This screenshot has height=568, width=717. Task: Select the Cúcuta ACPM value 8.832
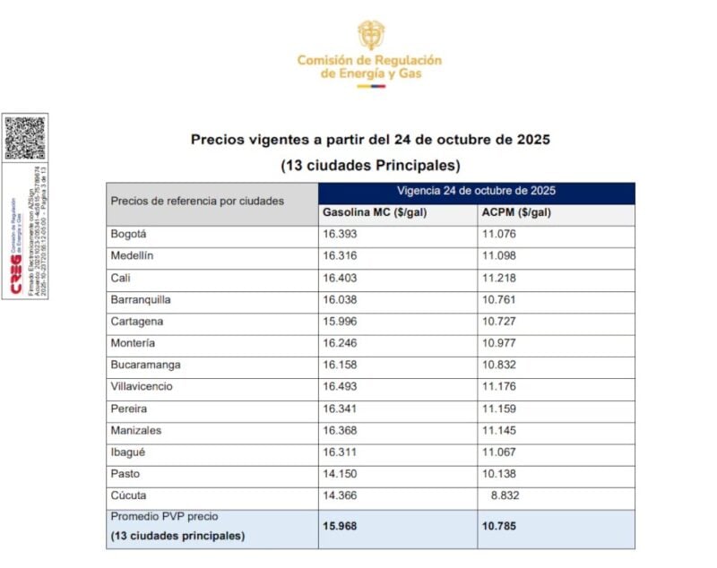coord(499,495)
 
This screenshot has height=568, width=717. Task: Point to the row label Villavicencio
coord(142,387)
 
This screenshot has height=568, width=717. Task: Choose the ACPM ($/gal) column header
coord(516,213)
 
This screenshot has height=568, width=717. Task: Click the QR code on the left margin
coord(23,137)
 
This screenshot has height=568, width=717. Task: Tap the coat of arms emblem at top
coord(370,34)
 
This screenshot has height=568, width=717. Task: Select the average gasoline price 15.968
coord(340,526)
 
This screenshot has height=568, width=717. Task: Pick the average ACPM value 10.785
coord(499,526)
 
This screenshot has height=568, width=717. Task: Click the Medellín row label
coord(132,256)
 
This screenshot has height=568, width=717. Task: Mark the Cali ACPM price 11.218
coord(499,278)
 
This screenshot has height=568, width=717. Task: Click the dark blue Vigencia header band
coord(476,192)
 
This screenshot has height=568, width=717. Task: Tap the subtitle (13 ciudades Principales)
coord(370,166)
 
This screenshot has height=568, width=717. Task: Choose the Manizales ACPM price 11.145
coord(499,431)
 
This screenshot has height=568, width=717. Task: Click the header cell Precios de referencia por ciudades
coord(197,201)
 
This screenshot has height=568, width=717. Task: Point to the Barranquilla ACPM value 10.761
coord(499,300)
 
